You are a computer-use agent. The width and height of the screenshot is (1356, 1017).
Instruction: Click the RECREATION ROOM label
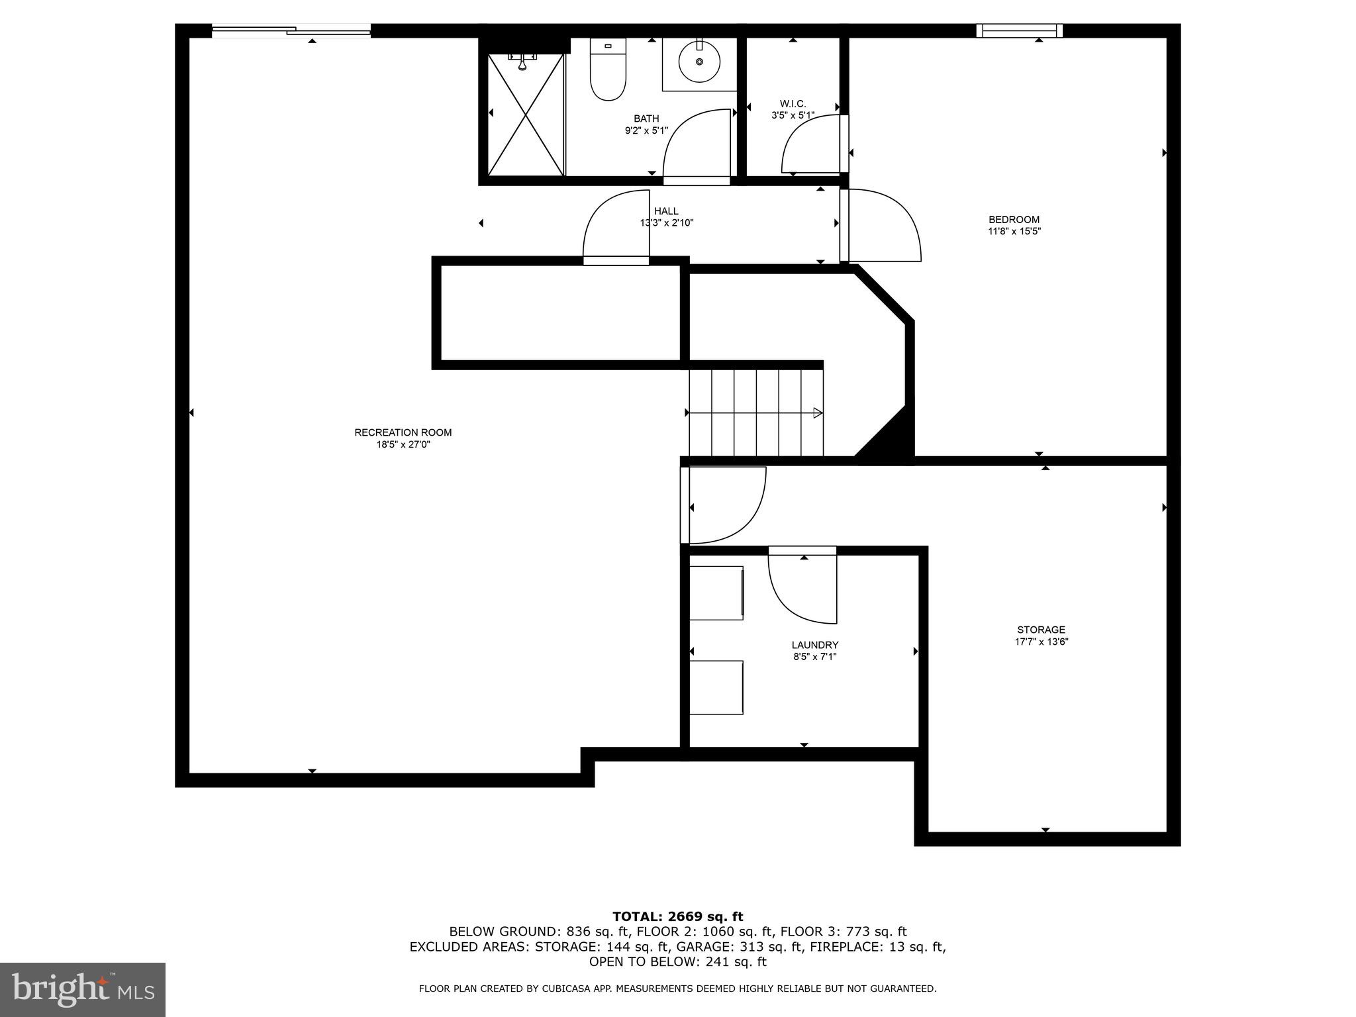click(403, 432)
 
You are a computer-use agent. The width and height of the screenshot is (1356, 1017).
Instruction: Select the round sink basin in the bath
click(699, 62)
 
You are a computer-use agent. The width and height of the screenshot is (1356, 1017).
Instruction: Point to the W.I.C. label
click(793, 104)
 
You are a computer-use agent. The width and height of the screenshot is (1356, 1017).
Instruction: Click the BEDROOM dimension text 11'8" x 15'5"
click(1014, 232)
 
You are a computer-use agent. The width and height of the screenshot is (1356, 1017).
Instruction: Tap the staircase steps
click(755, 412)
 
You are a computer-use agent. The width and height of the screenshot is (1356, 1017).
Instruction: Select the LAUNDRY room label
click(814, 645)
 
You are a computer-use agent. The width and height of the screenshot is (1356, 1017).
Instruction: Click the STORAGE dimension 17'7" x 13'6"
click(1041, 642)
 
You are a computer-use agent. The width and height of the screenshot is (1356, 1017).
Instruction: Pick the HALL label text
click(666, 211)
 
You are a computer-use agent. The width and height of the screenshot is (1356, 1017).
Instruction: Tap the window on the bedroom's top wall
click(1020, 30)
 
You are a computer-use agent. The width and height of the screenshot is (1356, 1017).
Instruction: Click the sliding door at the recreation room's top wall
click(291, 30)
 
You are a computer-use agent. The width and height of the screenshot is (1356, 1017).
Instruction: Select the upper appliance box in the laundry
click(716, 593)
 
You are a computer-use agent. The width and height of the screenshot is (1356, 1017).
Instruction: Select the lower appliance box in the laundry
click(716, 687)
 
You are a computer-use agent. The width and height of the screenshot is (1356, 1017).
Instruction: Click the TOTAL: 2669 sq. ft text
click(677, 916)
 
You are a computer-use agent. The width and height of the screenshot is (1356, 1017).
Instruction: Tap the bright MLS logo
click(83, 989)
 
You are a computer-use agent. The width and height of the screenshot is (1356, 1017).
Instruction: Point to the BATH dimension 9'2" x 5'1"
click(646, 131)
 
